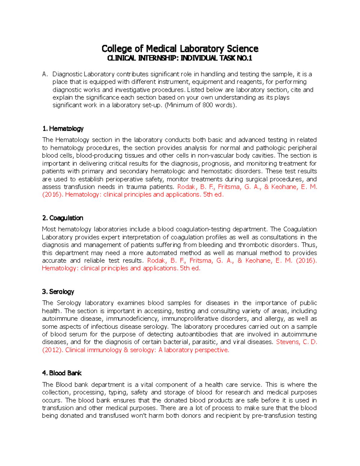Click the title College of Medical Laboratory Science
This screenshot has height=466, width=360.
[x=180, y=49]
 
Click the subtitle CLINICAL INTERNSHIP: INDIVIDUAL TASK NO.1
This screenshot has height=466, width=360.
[x=180, y=58]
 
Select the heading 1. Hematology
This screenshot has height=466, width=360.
[x=63, y=129]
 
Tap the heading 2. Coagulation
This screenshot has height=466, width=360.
[x=63, y=218]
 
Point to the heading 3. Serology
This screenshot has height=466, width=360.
[x=58, y=292]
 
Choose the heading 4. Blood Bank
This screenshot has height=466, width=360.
[x=62, y=373]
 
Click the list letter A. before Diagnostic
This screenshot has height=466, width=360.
[x=45, y=74]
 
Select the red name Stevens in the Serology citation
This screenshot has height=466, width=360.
[x=287, y=342]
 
